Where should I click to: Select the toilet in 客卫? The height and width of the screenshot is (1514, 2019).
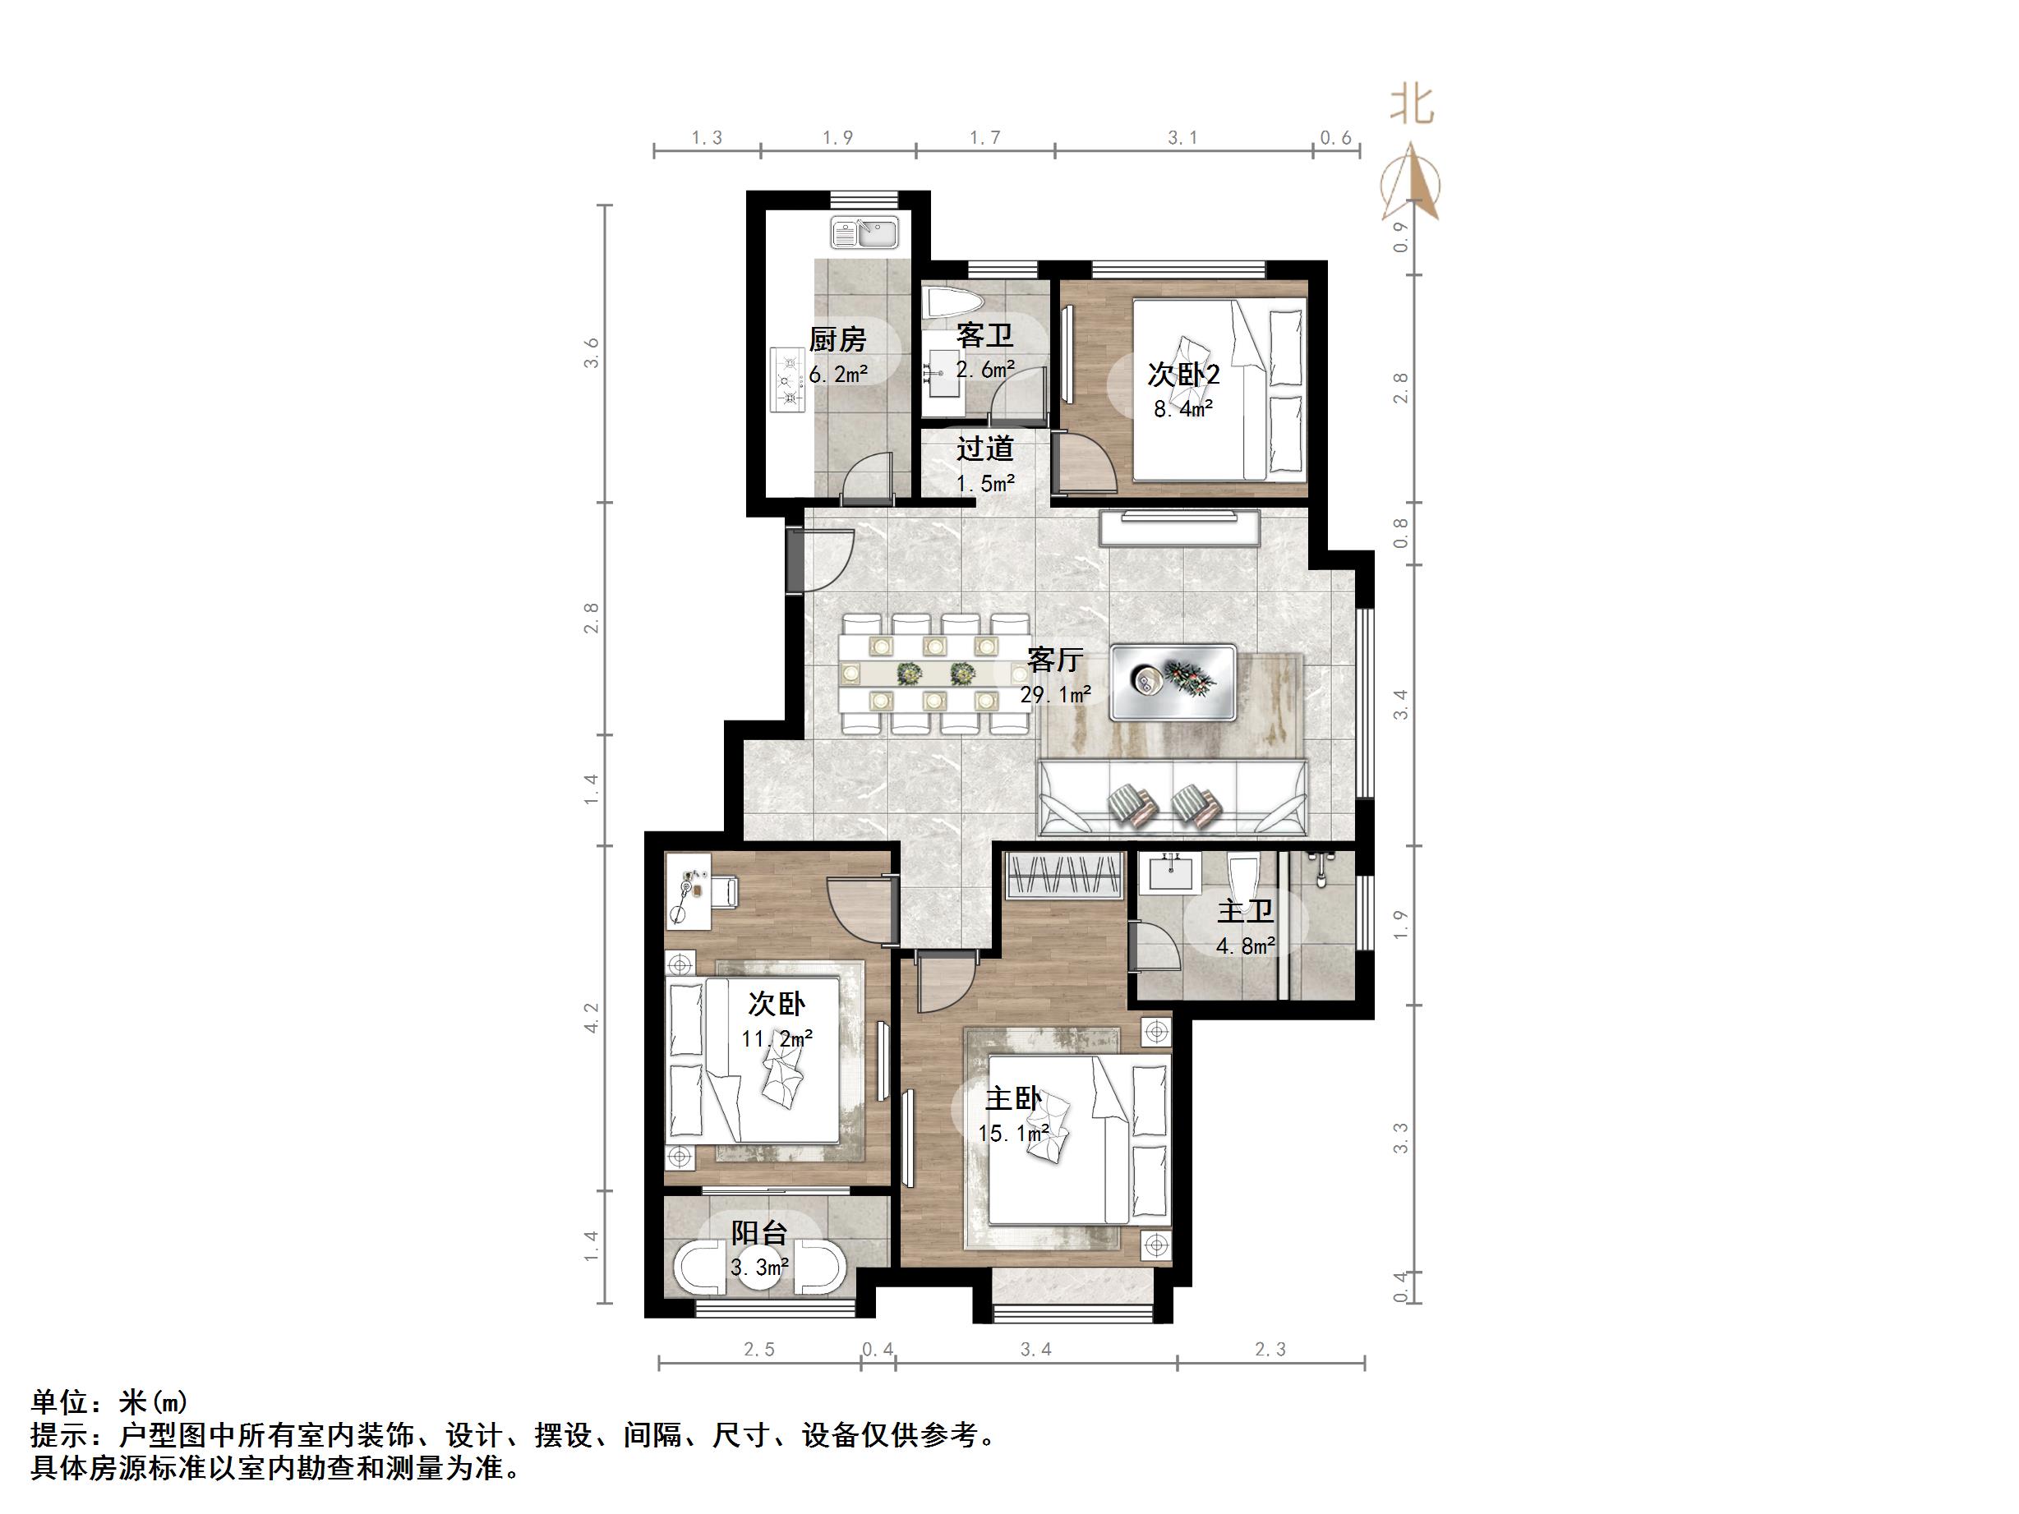(x=951, y=304)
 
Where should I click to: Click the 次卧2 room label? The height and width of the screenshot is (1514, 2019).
(x=1183, y=375)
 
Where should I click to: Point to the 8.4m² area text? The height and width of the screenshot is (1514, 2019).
(x=1183, y=409)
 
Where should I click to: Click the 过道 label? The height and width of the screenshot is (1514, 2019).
(x=985, y=449)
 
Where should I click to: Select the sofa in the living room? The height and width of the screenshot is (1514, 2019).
(x=1173, y=799)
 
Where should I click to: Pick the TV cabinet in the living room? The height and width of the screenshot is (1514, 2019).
(x=1179, y=528)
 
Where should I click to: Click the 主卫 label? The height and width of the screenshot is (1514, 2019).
(x=1245, y=911)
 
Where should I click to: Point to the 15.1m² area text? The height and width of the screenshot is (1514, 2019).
(x=1013, y=1134)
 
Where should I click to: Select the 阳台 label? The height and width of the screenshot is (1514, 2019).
(x=758, y=1233)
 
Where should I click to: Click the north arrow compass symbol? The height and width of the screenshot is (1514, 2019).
(x=1411, y=183)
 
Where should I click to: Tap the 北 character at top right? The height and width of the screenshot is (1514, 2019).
(x=1411, y=105)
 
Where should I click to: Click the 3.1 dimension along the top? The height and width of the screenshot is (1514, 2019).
(x=1183, y=138)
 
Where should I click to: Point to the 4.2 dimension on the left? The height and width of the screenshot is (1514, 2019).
(x=592, y=1018)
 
